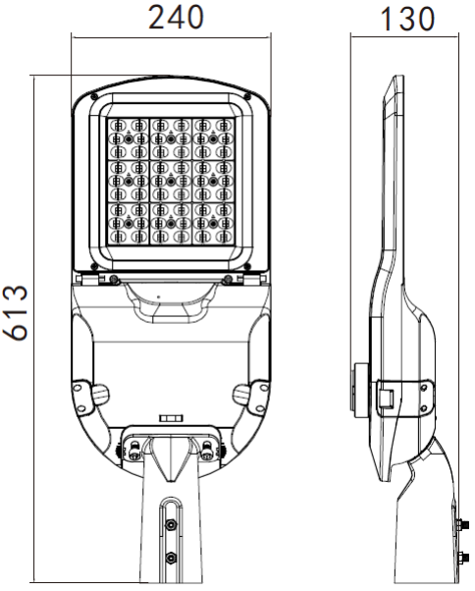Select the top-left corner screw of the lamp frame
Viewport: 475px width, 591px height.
coord(91,96)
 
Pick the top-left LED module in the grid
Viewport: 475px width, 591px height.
coord(127,135)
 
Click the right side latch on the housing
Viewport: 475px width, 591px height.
coord(245,394)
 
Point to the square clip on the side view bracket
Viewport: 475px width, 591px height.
coord(387,398)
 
